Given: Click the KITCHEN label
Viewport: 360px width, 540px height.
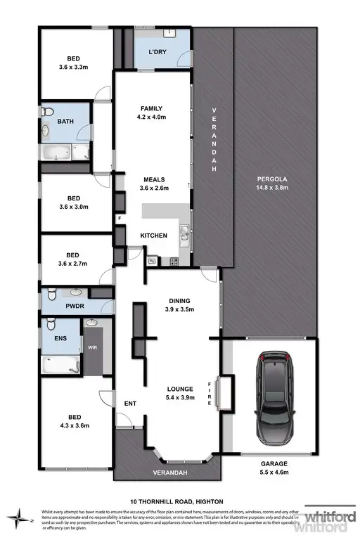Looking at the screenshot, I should point(153,236).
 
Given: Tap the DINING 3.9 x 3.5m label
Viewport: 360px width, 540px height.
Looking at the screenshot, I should point(178,304).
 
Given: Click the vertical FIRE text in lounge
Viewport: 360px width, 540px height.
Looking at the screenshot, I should point(208,392).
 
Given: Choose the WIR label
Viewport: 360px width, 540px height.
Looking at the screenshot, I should point(92,347).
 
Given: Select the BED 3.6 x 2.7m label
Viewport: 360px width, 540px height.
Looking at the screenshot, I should point(74,260).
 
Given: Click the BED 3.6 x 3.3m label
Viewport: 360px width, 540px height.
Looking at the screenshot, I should point(74,64).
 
